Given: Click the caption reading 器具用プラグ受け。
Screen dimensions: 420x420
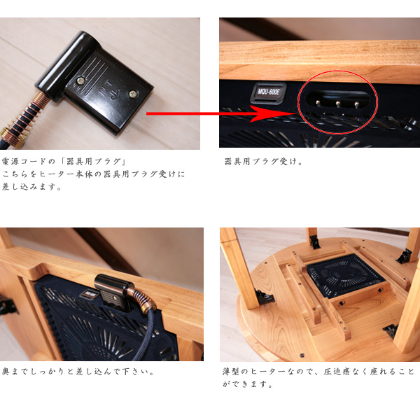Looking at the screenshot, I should coord(264,162).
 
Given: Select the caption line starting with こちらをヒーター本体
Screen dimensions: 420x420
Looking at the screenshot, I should coord(94,174).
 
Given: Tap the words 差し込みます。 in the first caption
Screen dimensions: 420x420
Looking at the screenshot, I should coord(31,187).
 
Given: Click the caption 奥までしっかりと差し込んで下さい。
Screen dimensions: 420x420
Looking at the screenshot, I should coord(78,371).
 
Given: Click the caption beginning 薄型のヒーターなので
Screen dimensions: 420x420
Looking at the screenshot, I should coord(318,371).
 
